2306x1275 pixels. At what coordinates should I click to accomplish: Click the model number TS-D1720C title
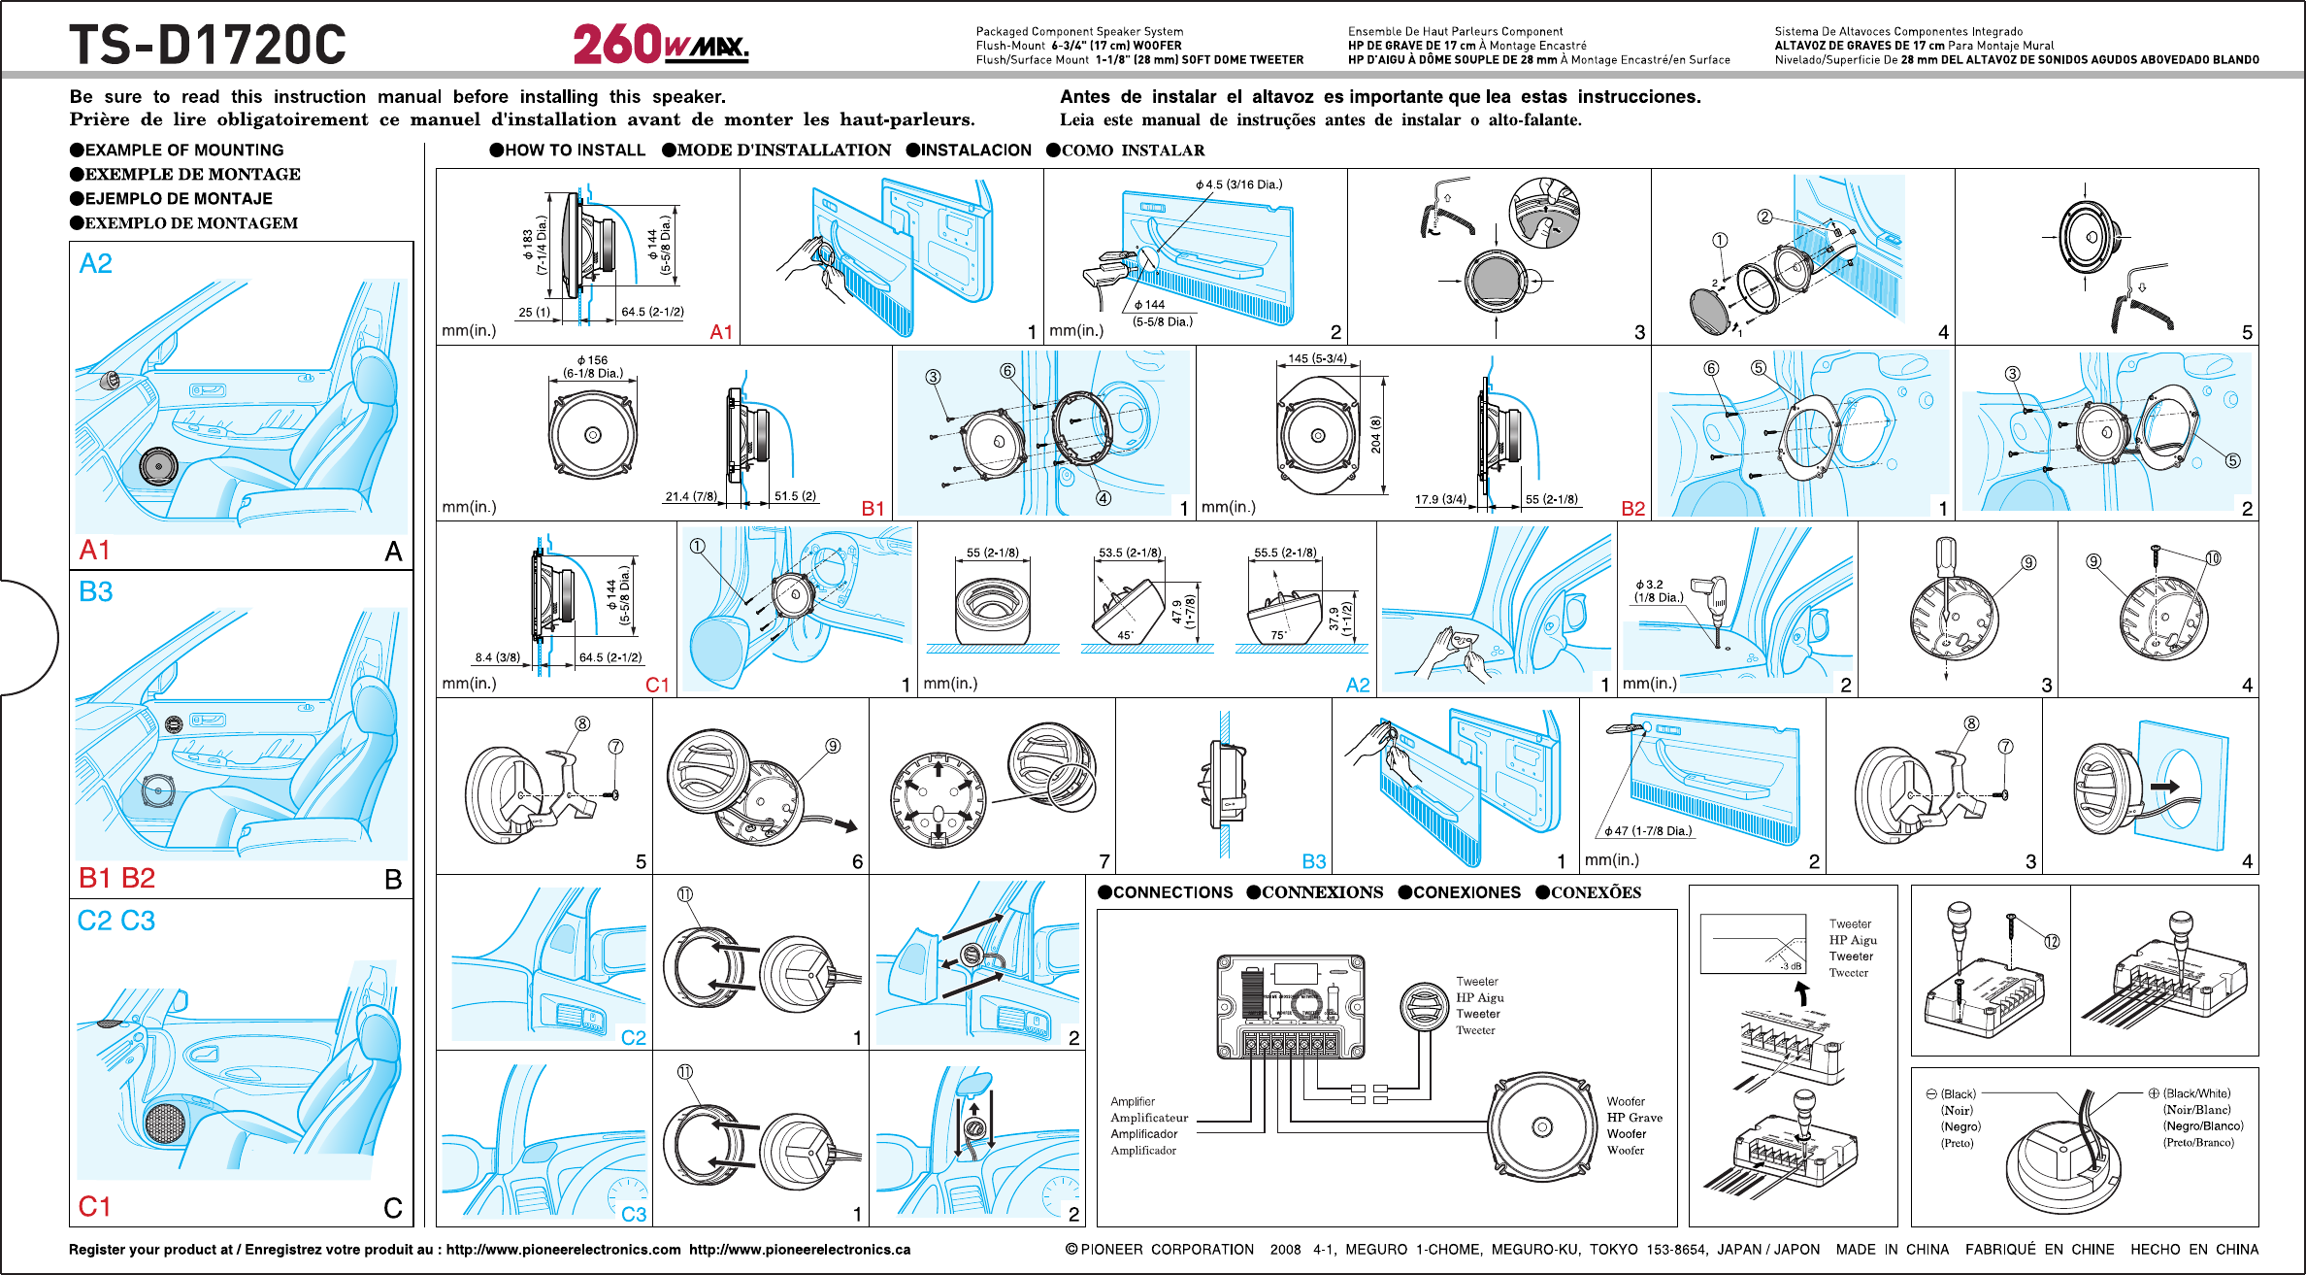point(207,45)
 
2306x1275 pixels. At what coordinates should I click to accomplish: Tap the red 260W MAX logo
point(660,45)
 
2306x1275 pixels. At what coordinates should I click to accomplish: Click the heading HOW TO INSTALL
point(574,150)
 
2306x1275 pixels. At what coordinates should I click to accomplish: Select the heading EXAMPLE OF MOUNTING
point(183,150)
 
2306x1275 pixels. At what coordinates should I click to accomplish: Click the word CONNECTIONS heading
point(1172,892)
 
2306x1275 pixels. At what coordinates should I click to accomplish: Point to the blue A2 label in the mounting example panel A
point(95,263)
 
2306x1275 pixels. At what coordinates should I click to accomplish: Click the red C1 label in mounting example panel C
point(94,1206)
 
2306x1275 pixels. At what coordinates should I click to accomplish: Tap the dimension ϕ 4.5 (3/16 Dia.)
point(1238,185)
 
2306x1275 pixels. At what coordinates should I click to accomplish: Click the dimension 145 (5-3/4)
point(1317,358)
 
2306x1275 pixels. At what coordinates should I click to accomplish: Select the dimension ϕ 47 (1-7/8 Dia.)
point(1647,831)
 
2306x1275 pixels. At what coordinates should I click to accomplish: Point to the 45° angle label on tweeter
point(1125,635)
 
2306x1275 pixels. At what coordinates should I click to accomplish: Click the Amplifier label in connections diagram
point(1133,1101)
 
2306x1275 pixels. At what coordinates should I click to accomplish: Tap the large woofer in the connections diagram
point(1541,1126)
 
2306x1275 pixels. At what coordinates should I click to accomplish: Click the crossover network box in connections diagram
point(1290,1006)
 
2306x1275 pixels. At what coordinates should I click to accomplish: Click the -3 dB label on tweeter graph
point(1791,966)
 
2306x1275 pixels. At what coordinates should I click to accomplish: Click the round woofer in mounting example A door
point(158,467)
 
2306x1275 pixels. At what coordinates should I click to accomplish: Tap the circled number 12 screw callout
point(2052,942)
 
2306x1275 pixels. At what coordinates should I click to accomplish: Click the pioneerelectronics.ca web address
point(800,1250)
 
